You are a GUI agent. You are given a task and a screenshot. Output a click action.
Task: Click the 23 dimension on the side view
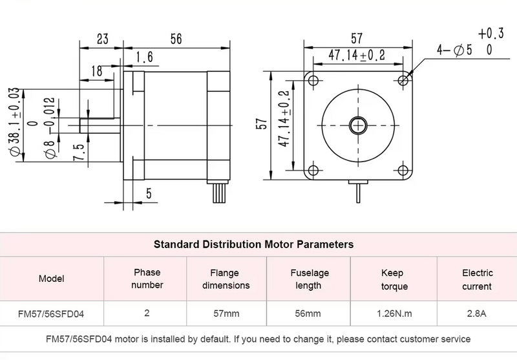pos(102,39)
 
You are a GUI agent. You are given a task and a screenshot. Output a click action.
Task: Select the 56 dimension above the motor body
pos(176,39)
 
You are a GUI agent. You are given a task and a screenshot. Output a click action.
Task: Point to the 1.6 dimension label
pos(145,58)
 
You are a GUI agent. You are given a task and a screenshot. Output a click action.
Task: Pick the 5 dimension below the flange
pos(148,193)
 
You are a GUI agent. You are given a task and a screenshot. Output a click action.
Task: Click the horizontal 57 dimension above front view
pos(357,39)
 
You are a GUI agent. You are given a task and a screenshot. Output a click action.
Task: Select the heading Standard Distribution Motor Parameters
pos(253,244)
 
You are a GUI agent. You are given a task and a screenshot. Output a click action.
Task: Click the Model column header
pos(52,279)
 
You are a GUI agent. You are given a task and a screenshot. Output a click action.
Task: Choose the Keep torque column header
pos(394,279)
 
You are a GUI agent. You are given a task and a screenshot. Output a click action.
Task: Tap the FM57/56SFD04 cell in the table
pos(52,314)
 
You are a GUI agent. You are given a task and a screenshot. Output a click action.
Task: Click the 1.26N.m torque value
pos(394,314)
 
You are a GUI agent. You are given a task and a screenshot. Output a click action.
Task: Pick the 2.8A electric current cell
pos(477,314)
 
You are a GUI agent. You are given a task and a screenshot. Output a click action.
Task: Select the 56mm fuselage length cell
pos(308,314)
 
